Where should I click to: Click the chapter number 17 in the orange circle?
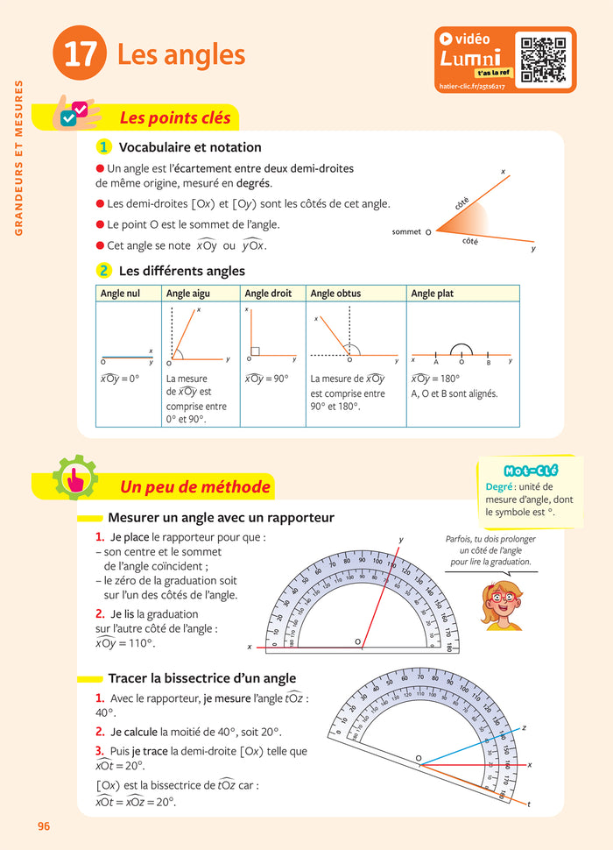coord(80,54)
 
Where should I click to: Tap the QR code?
coord(544,59)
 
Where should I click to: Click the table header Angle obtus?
coord(335,294)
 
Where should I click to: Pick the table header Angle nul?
coord(120,294)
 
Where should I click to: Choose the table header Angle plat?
coord(432,294)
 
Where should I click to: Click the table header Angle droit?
coord(270,294)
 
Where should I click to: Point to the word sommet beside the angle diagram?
coord(406,232)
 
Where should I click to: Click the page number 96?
coord(45,825)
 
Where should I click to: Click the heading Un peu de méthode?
coord(194,486)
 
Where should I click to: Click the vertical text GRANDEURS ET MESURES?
coord(18,159)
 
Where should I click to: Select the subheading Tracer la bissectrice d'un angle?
coord(201,678)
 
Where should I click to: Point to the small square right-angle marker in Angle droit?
coord(255,351)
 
